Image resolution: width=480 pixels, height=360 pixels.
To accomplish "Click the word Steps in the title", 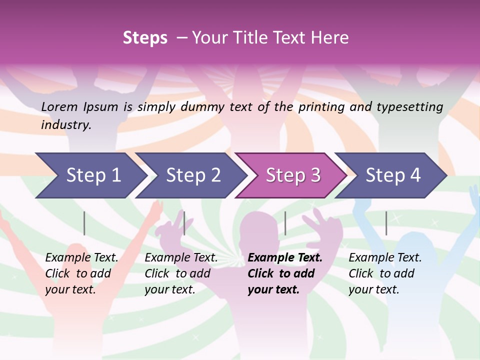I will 145,38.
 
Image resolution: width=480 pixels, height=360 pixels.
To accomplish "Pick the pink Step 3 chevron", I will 293,175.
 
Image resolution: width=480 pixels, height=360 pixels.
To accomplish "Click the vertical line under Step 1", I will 84,223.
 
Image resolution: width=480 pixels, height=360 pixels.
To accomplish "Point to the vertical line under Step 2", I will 184,223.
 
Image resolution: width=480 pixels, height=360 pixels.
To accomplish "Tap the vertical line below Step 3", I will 285,223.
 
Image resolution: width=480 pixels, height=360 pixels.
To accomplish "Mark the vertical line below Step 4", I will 386,223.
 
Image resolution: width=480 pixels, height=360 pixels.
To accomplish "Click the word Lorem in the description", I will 59,106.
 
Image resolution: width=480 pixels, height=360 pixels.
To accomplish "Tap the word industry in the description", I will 66,125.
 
